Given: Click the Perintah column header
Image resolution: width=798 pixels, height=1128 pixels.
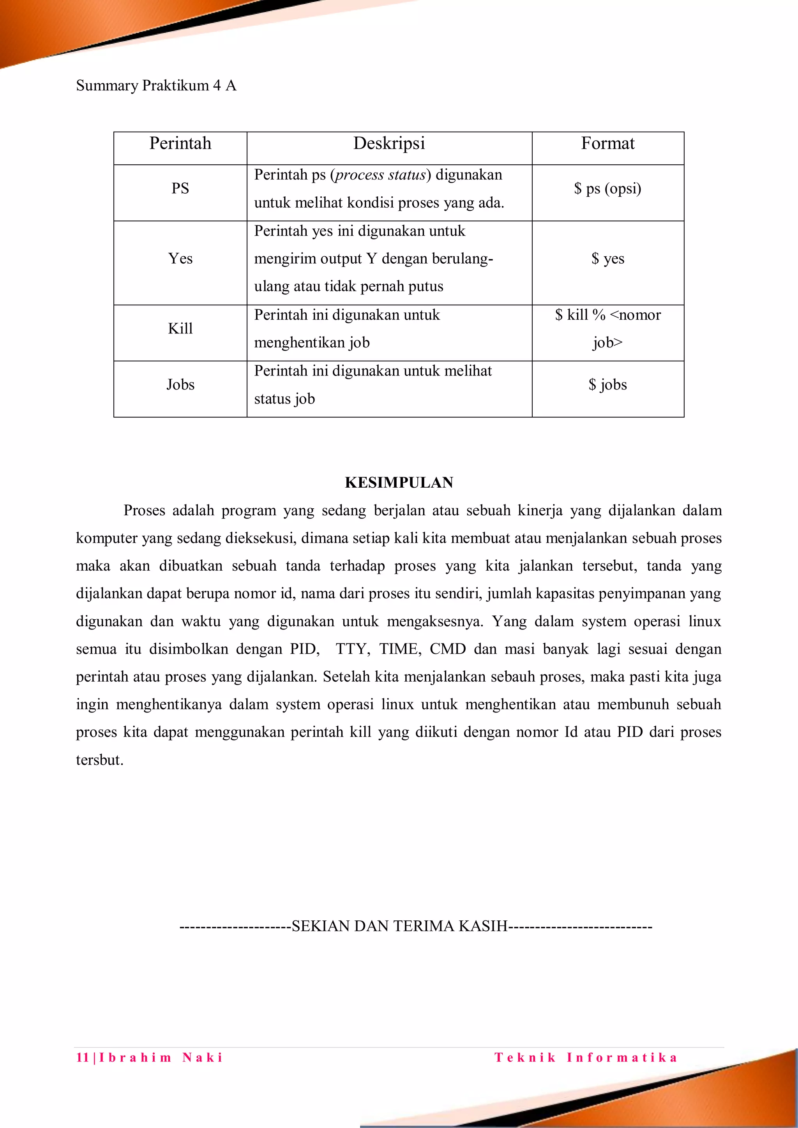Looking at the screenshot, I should (x=180, y=143).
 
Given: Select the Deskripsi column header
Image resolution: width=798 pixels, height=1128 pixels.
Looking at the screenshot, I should (x=389, y=143).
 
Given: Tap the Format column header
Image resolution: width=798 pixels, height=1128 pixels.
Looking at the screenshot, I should (x=607, y=143).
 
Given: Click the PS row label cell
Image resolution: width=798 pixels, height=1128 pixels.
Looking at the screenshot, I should (x=180, y=188).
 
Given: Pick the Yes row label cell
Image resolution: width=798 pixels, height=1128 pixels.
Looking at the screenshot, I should (x=180, y=258).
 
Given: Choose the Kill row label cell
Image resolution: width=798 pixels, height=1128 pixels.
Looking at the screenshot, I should (x=180, y=329).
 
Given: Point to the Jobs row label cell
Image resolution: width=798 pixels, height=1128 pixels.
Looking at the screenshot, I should (x=180, y=385).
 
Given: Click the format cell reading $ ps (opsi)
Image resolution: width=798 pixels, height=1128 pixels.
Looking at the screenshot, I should (x=607, y=188).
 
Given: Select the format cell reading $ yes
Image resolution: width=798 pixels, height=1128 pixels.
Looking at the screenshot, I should (x=607, y=258).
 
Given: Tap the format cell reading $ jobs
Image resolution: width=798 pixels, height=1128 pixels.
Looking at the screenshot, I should (x=607, y=385).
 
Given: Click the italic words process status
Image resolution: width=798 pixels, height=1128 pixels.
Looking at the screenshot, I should (x=380, y=175).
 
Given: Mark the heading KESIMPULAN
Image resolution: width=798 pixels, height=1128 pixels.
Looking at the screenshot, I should (x=399, y=483).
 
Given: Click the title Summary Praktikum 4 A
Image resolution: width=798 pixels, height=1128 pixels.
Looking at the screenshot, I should (x=156, y=85).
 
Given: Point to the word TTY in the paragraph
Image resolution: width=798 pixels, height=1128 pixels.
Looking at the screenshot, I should (x=352, y=649).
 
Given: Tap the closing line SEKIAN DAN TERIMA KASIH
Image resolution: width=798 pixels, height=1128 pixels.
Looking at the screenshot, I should (x=399, y=926).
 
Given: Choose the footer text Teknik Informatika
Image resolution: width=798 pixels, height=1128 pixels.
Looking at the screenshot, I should (x=586, y=1057).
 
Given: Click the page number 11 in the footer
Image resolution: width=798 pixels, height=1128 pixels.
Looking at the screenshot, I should (x=82, y=1057).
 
